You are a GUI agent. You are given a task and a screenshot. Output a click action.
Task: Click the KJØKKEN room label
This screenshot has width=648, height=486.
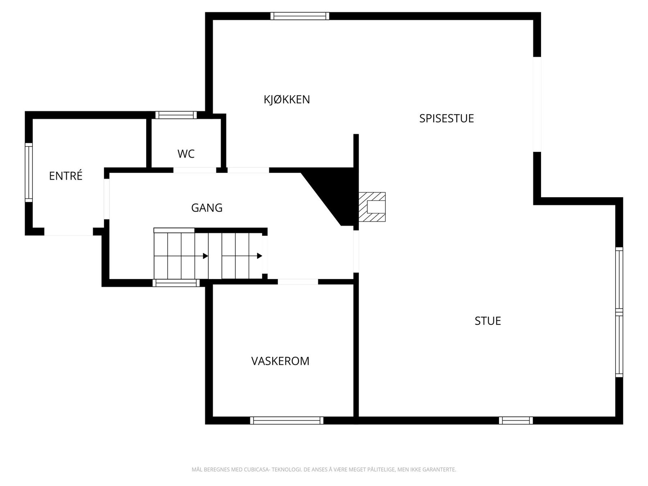(287, 100)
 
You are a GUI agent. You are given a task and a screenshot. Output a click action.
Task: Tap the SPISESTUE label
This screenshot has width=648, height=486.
(446, 118)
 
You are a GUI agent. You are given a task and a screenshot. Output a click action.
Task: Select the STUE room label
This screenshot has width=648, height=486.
(488, 321)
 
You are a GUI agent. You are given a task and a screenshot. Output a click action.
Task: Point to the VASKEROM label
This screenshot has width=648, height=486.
(280, 361)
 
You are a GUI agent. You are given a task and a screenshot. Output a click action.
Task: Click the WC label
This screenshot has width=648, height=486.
(186, 154)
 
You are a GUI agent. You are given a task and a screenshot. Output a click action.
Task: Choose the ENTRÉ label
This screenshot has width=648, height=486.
(66, 176)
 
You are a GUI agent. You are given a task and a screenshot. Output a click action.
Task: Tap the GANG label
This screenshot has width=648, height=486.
(207, 208)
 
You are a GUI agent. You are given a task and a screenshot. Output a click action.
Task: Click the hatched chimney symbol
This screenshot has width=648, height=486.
(372, 207)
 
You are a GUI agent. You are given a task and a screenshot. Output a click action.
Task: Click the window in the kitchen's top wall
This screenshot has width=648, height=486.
(300, 16)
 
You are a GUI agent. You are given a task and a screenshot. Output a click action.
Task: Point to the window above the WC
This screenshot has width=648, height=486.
(176, 115)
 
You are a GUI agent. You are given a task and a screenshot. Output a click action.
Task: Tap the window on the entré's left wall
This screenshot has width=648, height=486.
(28, 172)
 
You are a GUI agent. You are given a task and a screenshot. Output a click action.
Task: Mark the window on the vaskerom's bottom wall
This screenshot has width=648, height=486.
(287, 420)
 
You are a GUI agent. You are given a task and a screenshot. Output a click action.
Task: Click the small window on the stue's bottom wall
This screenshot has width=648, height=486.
(516, 420)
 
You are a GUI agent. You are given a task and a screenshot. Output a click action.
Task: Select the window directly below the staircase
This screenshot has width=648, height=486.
(176, 283)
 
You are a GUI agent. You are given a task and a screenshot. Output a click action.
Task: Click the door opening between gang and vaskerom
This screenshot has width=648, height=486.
(298, 281)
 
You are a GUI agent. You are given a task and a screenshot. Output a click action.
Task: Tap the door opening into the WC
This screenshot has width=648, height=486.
(194, 170)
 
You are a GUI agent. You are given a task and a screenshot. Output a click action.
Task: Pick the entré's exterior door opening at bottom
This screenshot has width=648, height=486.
(68, 232)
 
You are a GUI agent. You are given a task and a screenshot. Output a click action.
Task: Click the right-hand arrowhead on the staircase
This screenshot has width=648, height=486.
(260, 256)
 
